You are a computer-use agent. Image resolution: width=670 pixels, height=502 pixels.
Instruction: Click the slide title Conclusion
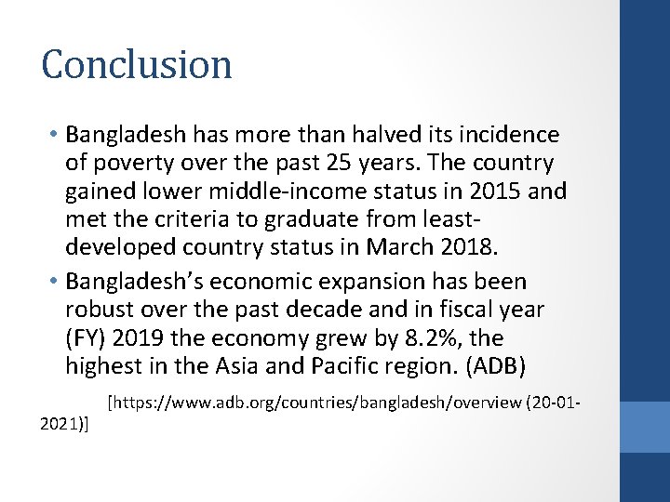tap(137, 65)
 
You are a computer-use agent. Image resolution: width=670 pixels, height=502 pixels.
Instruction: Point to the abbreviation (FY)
tap(89, 339)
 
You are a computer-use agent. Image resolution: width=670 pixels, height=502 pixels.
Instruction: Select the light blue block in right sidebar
tap(645, 427)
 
